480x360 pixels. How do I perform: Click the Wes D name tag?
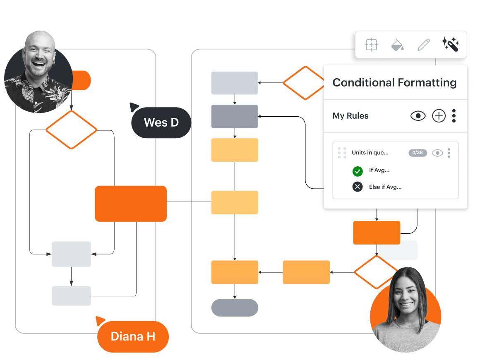161,122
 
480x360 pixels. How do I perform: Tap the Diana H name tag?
133,336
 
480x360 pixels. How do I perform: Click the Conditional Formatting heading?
394,83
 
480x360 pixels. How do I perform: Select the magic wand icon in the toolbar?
450,44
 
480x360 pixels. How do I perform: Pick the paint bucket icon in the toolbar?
397,45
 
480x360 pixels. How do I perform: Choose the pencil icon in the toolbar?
424,45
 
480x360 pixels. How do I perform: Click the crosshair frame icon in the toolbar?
371,45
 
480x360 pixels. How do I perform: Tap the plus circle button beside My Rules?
439,116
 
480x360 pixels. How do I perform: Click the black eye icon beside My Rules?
418,116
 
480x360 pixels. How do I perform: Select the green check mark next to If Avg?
358,171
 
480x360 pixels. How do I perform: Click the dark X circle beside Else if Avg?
358,187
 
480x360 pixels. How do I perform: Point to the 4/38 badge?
418,153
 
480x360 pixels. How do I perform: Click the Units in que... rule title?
370,152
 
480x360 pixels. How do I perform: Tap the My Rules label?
350,116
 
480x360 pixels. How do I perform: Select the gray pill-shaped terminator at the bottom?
235,307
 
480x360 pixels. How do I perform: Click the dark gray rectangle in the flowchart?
235,116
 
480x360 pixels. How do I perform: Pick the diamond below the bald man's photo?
71,130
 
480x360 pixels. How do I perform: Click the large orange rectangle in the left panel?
131,204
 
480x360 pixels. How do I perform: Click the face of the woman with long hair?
406,294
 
